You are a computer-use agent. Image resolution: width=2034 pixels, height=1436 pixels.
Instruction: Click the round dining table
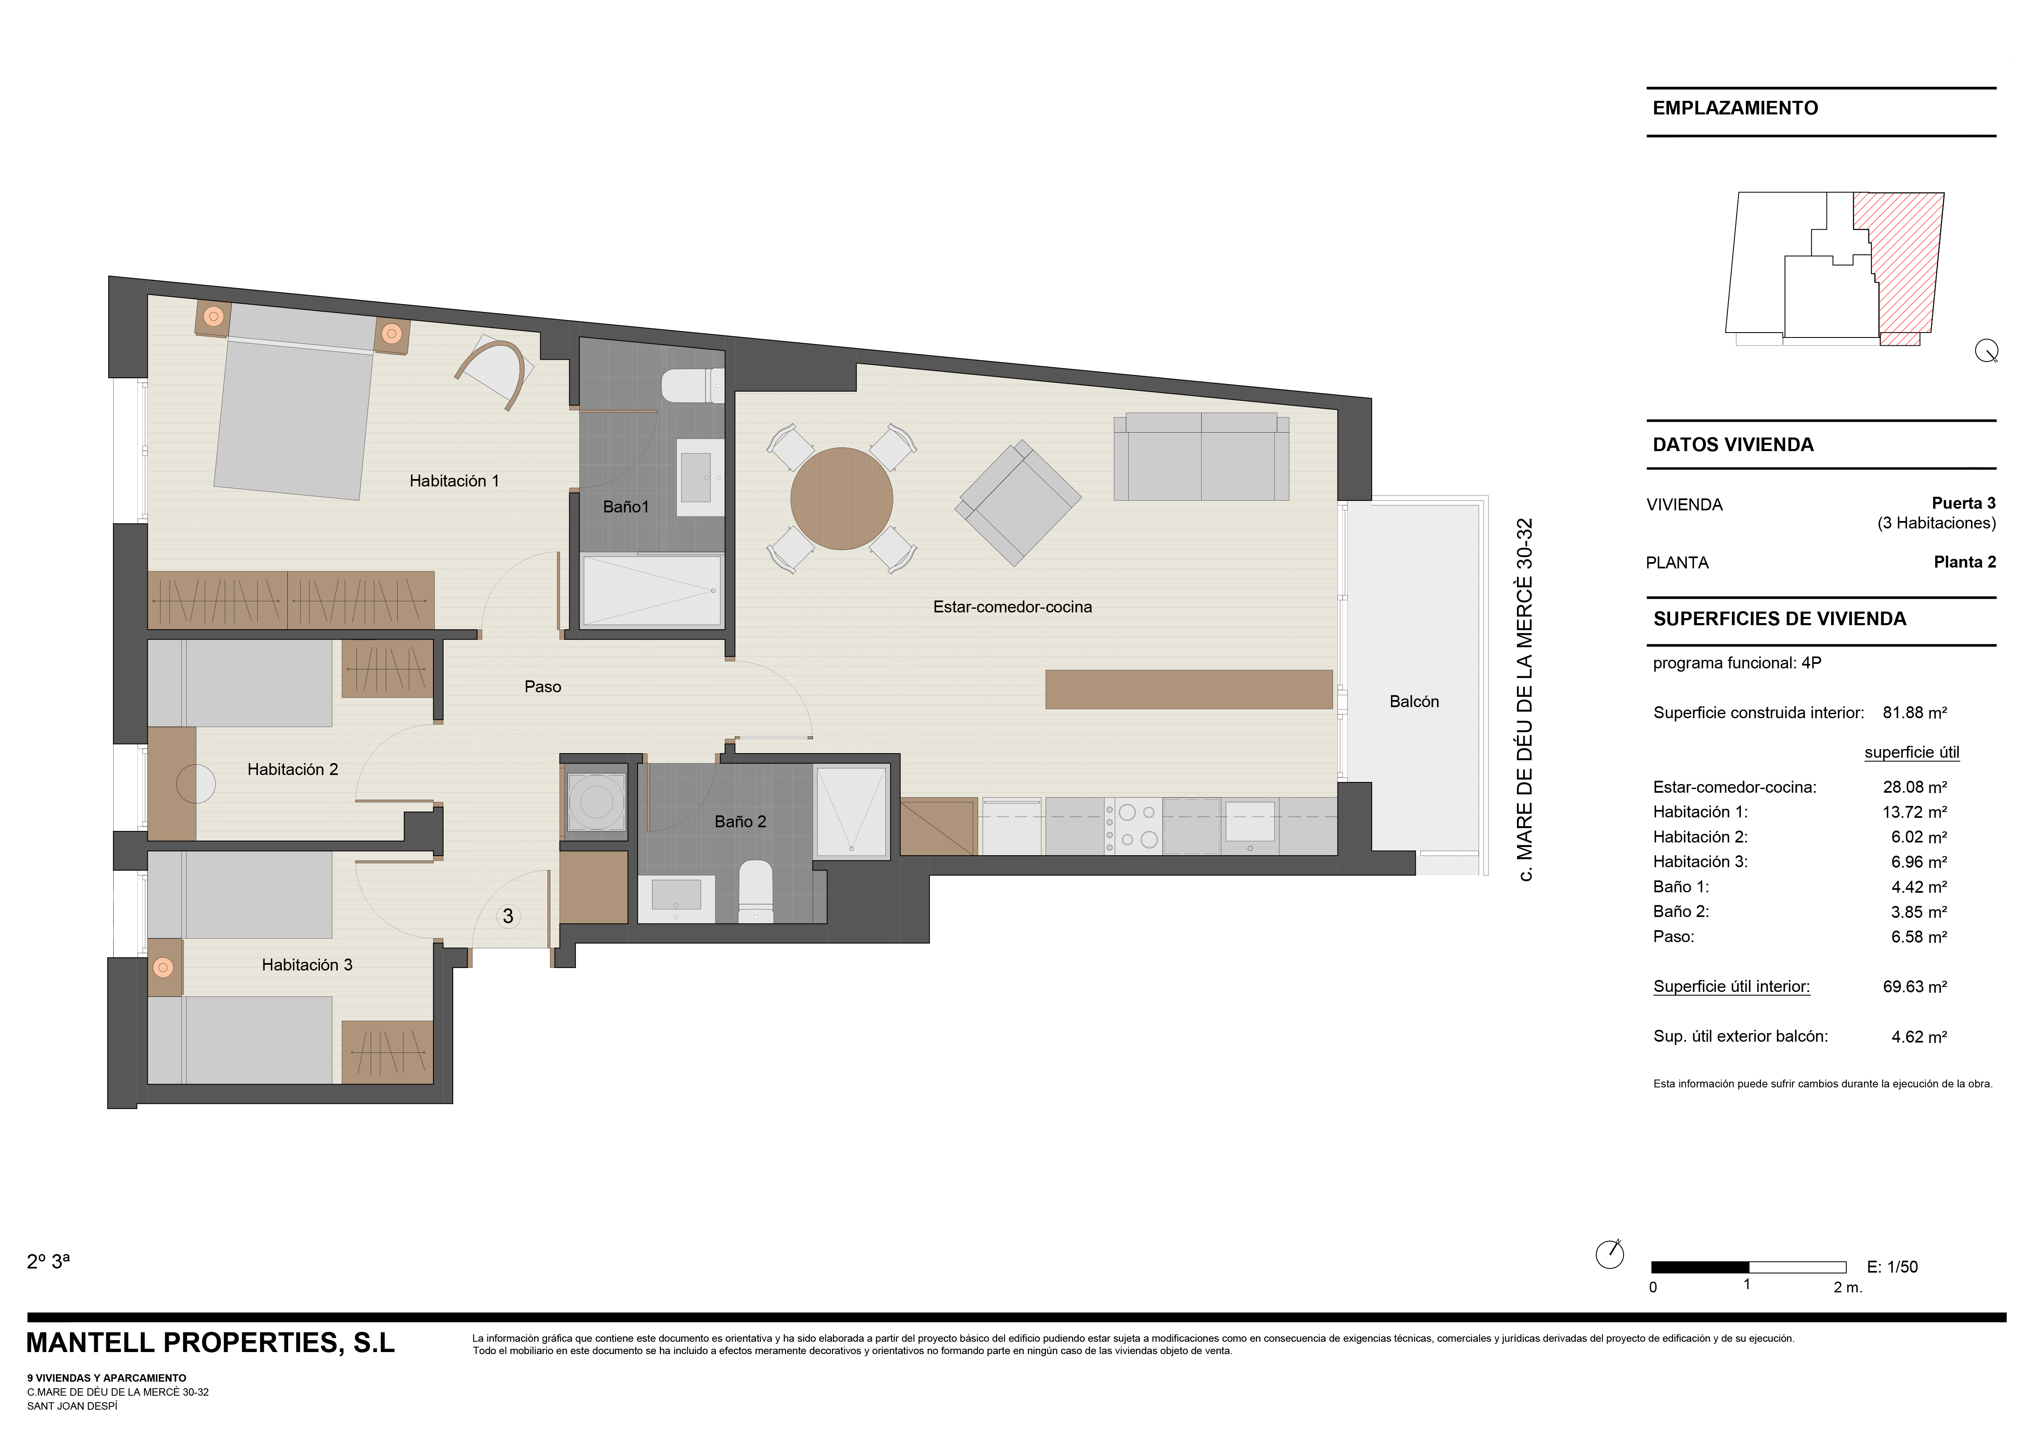[x=841, y=499]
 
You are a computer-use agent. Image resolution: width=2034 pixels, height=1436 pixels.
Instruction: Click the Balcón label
[x=1414, y=702]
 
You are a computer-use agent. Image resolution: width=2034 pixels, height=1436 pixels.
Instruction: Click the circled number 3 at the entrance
[x=508, y=916]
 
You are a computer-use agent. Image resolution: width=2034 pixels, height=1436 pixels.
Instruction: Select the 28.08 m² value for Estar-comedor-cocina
[x=1914, y=787]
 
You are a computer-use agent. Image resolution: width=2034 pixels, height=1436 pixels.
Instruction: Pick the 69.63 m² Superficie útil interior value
[x=1914, y=986]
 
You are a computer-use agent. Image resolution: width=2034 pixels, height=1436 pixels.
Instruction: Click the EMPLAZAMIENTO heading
[x=1735, y=108]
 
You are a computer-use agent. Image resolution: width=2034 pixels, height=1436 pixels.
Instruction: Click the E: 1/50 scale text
[x=1892, y=1267]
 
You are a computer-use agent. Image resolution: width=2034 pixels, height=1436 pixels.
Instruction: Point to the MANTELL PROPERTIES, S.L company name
[x=211, y=1343]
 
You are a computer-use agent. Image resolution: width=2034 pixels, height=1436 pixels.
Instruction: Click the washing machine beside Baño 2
[x=596, y=802]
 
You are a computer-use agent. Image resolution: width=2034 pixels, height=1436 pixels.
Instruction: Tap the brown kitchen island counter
[x=1189, y=689]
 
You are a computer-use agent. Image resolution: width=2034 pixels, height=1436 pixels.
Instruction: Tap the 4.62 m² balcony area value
[x=1919, y=1036]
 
